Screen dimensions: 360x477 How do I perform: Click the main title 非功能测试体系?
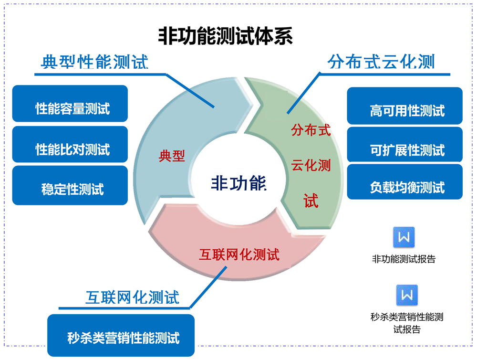point(225,36)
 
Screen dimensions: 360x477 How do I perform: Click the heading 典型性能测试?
point(95,62)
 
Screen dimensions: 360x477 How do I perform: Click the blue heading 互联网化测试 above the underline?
point(132,297)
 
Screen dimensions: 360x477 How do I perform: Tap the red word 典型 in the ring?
point(172,156)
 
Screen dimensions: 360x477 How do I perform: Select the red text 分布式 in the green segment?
point(311,130)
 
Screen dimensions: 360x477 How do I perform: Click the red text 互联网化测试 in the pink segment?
point(239,254)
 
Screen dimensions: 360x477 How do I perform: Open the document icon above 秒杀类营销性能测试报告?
point(407,295)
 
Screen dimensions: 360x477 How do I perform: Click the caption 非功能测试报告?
point(404,260)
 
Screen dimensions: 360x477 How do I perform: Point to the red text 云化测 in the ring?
point(311,166)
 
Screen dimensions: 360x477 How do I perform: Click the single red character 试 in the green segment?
point(311,201)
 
